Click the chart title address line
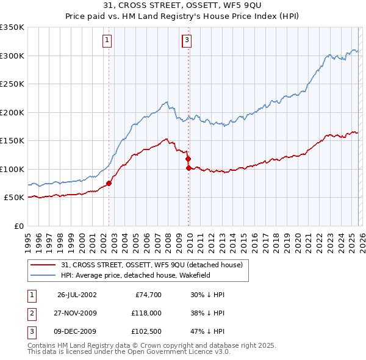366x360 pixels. pos(183,5)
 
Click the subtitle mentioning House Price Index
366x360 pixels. pos(183,16)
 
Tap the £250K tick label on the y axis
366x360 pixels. pos(12,84)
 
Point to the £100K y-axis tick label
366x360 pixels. pos(12,169)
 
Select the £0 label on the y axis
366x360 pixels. pos(20,226)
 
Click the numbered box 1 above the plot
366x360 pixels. pos(107,41)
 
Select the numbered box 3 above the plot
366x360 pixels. pos(187,41)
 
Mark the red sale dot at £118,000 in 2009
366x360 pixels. pos(188,159)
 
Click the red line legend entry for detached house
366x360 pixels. pos(152,265)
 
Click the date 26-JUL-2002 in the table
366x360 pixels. pos(77,295)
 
